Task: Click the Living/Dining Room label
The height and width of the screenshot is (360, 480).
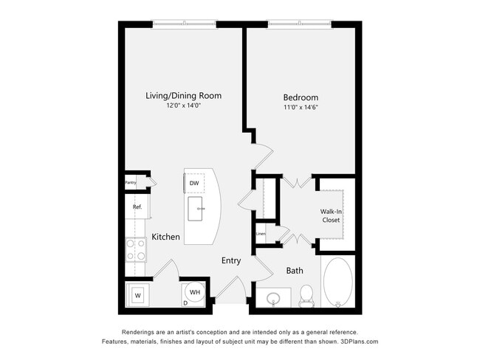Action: point(183,95)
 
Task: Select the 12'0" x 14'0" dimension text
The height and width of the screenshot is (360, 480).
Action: point(183,106)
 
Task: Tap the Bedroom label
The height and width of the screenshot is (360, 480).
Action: point(301,97)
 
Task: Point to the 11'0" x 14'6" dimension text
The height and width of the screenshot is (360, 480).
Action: point(301,108)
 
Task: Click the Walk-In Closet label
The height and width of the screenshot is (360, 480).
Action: point(331,215)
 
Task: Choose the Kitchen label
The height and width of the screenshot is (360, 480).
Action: point(166,237)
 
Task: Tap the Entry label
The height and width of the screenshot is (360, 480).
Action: point(231,260)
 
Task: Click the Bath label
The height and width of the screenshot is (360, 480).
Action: point(295,271)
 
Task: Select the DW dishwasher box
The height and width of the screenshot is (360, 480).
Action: point(194,183)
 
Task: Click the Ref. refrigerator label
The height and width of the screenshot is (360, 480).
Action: point(137,207)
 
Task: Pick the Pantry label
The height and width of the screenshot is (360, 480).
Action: point(130,182)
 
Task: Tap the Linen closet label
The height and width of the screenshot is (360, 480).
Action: point(261,234)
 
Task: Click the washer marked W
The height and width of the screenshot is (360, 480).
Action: point(137,295)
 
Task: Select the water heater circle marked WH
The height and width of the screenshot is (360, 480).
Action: point(195,293)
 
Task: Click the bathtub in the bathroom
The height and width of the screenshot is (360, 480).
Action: point(338,282)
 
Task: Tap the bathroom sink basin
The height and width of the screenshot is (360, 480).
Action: point(274,299)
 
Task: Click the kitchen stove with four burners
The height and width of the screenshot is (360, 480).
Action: point(136,249)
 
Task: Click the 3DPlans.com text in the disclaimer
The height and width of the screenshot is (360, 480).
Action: point(357,342)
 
